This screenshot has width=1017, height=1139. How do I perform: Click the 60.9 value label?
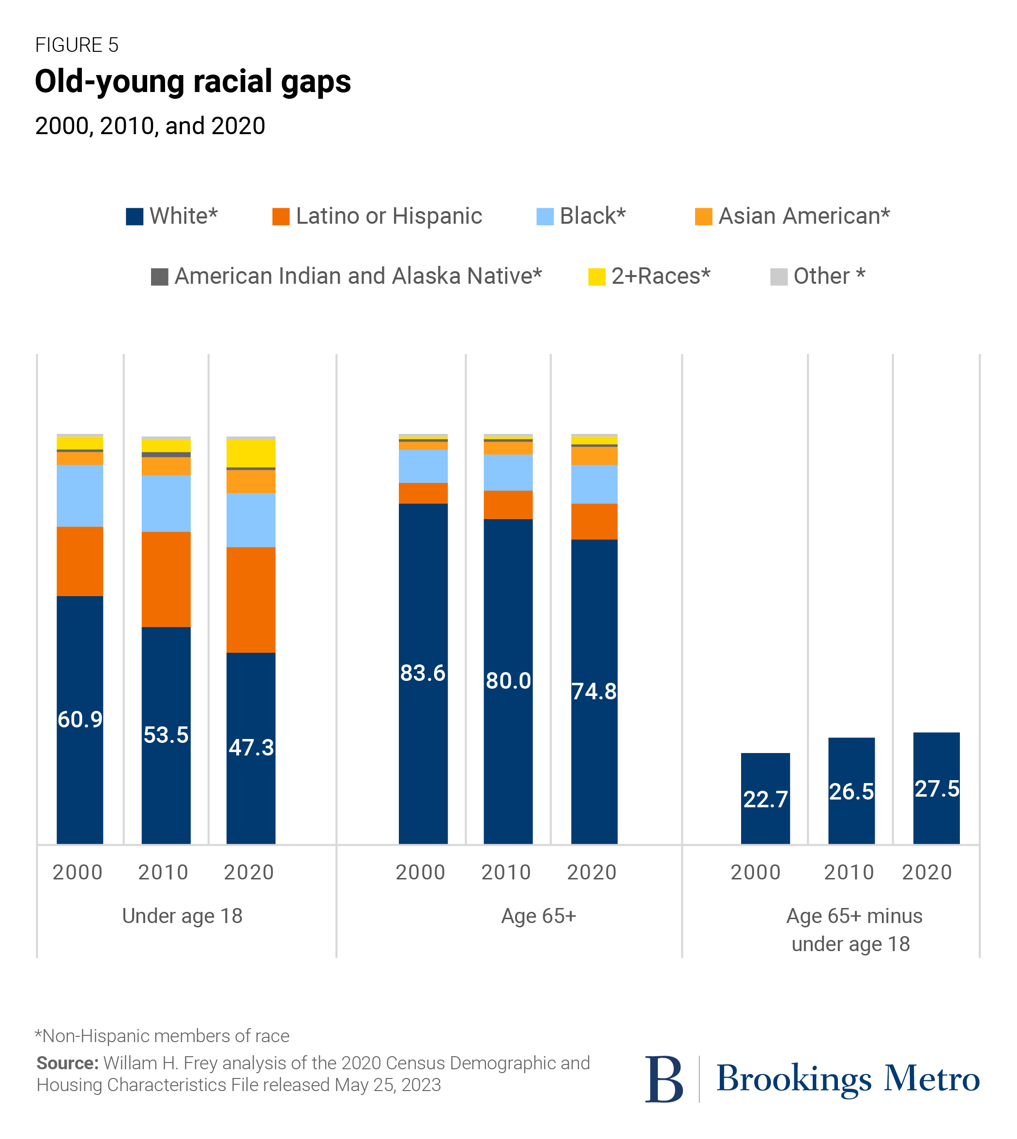click(80, 719)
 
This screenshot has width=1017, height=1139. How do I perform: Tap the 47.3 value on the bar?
click(251, 747)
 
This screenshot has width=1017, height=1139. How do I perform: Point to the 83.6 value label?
click(423, 673)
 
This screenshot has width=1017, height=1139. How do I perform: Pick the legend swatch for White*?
click(135, 216)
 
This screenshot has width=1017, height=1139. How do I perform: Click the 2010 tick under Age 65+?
click(506, 872)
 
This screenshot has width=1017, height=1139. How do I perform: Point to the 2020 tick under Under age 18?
click(249, 872)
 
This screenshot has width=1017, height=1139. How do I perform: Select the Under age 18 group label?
click(182, 915)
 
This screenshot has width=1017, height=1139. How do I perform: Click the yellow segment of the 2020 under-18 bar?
click(251, 453)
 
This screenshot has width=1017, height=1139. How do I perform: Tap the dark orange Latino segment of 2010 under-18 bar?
click(166, 579)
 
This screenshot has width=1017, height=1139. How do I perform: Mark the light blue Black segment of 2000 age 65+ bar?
click(423, 466)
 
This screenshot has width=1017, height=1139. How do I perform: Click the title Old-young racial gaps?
click(193, 82)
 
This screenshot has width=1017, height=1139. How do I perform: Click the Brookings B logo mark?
click(663, 1078)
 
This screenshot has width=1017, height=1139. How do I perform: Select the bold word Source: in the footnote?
click(67, 1062)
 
